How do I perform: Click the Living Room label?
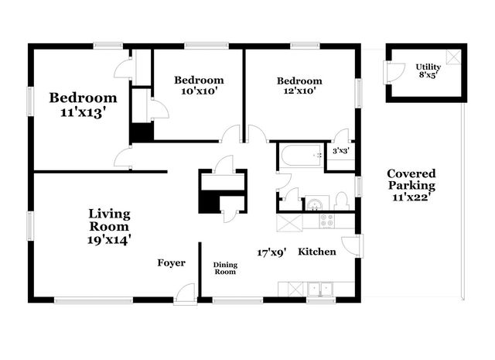109,220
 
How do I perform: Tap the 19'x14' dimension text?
109,239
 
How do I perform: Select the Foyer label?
171,263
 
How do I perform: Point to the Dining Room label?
225,268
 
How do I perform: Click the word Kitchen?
317,252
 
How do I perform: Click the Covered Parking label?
411,180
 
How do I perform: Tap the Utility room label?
428,67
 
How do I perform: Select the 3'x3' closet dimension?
341,150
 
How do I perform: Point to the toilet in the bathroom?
342,201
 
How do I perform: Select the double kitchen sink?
317,290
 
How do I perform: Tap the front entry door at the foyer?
186,293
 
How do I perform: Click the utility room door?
394,70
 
